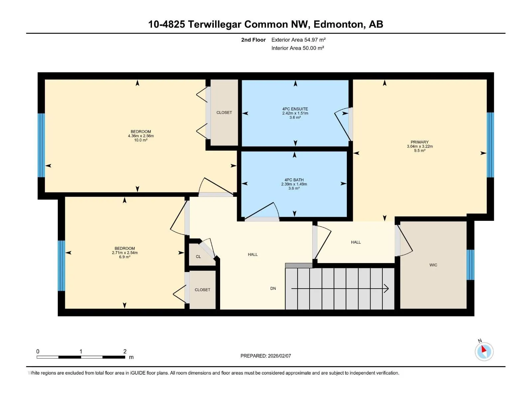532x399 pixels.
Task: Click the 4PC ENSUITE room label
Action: coord(295,109)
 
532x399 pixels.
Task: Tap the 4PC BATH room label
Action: coord(294,180)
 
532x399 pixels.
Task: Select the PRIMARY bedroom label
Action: coord(420,142)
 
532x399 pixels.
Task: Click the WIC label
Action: coord(433,265)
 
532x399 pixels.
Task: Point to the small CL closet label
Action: coord(198,257)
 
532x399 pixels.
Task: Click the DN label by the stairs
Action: coord(273,288)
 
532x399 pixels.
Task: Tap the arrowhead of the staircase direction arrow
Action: coord(387,289)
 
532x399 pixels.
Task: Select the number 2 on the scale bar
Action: coord(125,351)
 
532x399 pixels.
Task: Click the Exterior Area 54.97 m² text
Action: coord(298,40)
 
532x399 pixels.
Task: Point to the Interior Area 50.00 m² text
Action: coord(298,48)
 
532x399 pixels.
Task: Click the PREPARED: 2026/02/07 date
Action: coord(266,356)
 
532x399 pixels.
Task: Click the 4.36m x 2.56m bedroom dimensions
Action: coord(141,136)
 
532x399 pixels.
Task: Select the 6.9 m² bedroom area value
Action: coord(125,257)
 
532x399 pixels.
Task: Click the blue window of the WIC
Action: coord(470,265)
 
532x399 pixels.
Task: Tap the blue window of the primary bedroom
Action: coord(490,145)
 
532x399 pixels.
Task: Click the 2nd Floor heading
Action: coord(253,40)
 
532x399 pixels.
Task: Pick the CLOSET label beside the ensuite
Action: coord(224,113)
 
